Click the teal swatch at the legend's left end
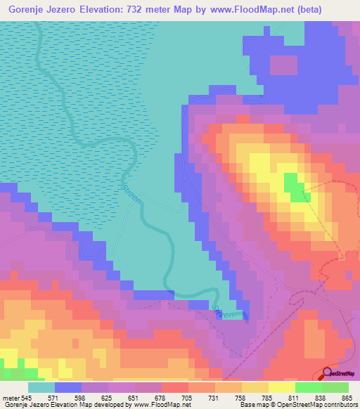pyautogui.click(x=41, y=387)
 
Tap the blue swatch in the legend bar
pyautogui.click(x=68, y=387)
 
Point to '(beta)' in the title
pyautogui.click(x=335, y=11)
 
